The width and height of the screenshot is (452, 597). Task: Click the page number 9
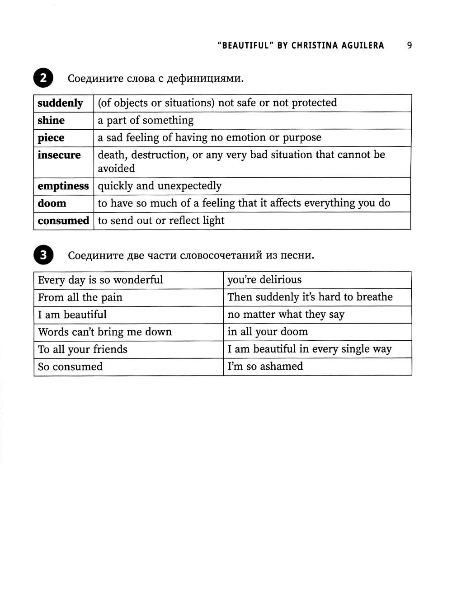(409, 45)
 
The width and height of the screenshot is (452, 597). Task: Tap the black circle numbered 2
(43, 78)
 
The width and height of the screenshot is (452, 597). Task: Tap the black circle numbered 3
(43, 255)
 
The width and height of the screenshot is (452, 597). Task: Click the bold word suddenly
(60, 103)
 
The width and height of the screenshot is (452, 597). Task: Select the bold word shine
(51, 120)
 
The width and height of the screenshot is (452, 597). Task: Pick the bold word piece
(51, 138)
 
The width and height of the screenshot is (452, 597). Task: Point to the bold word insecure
(59, 155)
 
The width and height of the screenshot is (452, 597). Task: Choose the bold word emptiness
(63, 186)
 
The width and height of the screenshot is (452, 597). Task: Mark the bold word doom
(52, 203)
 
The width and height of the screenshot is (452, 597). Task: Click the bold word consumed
(63, 221)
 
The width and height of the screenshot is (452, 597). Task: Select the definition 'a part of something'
(146, 120)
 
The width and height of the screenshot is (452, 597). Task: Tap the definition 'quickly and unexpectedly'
(160, 186)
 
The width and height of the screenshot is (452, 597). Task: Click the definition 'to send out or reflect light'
(161, 221)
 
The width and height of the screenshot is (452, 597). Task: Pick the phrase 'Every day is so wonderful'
(100, 280)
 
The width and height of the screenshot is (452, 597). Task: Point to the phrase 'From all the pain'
(80, 297)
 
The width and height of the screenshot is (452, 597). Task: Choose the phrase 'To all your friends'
(83, 349)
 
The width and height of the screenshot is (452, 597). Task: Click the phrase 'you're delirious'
(264, 280)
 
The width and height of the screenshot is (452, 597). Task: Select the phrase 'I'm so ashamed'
(265, 367)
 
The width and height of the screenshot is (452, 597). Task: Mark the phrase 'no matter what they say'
(286, 315)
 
